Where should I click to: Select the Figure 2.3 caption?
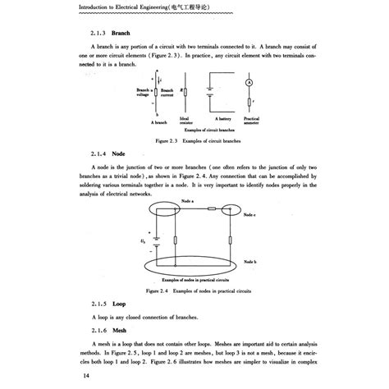click(194, 140)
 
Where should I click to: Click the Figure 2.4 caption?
click(194, 291)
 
